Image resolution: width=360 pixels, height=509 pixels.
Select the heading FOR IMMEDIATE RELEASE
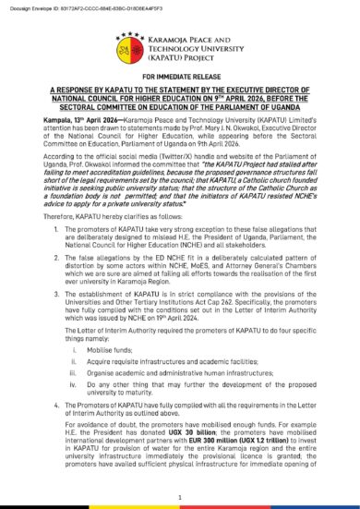pyautogui.click(x=180, y=82)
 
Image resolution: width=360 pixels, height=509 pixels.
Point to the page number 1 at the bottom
pyautogui.click(x=180, y=497)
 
